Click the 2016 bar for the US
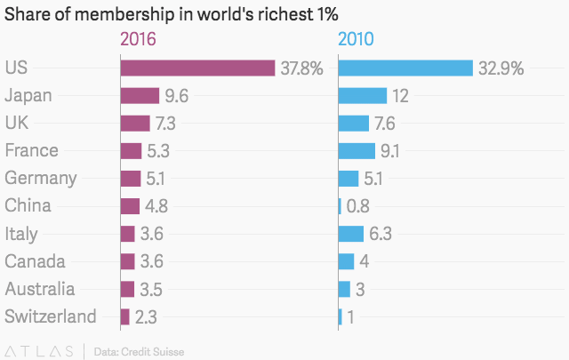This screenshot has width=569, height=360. pos(197,68)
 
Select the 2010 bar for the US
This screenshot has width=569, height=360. pos(405,68)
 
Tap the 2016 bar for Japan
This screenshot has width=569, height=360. pos(140,96)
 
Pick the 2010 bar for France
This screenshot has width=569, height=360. pos(357,151)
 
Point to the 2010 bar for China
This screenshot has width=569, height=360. pos(341,206)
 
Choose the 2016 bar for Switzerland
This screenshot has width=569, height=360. pos(125,316)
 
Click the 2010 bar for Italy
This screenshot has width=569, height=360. pos(351,234)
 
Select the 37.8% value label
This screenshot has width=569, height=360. pos(301,68)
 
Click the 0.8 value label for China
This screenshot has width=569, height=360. pos(357,206)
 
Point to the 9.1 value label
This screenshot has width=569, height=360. pos(390,151)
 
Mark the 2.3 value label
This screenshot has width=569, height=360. pos(147,316)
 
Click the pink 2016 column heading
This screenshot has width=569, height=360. pos(138,39)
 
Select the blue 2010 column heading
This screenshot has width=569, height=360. pos(356,39)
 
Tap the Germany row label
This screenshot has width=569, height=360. pos(41,179)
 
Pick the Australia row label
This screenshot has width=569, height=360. pos(40,289)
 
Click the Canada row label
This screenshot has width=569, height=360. pos(35,261)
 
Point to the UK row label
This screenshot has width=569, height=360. pos(17,124)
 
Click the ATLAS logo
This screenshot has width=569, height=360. pos(40,350)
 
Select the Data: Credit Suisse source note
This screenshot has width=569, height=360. pos(139,351)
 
